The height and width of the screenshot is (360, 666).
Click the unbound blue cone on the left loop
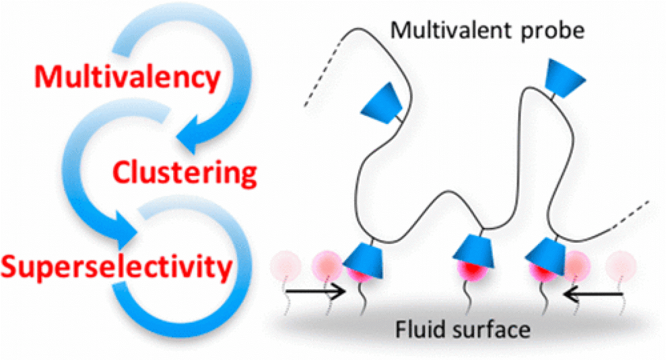[385, 102]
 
